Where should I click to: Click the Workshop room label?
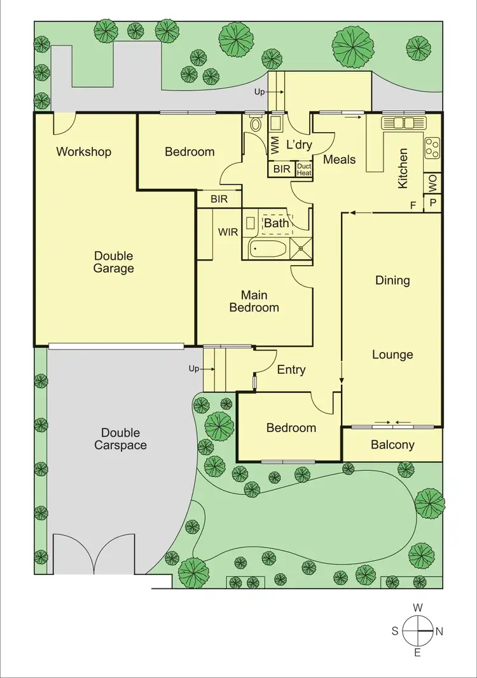tap(83, 152)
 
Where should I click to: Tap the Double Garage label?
tap(114, 262)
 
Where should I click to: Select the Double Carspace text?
tap(120, 439)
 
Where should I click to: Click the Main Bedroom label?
tap(254, 301)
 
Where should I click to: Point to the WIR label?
tap(228, 233)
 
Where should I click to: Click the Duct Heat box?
tap(304, 170)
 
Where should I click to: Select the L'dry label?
tap(299, 145)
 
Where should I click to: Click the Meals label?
tap(339, 159)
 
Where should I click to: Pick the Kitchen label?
tap(403, 168)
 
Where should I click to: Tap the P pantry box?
tap(433, 203)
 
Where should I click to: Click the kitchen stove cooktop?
tap(432, 147)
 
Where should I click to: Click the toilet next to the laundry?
tap(256, 123)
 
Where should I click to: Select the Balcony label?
tap(392, 445)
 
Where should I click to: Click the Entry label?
tap(291, 370)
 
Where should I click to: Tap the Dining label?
tap(392, 280)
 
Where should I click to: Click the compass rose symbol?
tap(417, 631)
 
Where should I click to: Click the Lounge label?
tap(392, 355)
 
